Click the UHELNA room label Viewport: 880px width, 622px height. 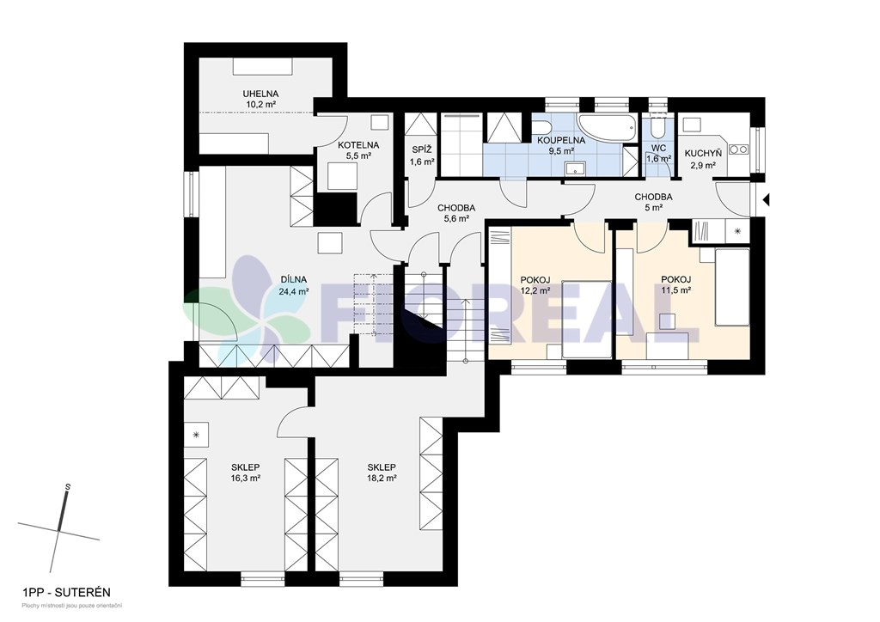(260, 95)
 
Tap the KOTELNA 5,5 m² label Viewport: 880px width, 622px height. (358, 150)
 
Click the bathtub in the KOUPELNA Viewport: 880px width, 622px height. (608, 129)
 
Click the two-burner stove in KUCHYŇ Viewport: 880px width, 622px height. (737, 149)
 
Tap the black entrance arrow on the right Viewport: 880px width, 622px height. (766, 198)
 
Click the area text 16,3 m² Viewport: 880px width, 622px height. (245, 478)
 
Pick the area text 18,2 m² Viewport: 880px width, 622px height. (382, 478)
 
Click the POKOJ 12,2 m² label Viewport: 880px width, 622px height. (535, 285)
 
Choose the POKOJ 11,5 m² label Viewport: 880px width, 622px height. (675, 285)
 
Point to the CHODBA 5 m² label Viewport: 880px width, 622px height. (653, 202)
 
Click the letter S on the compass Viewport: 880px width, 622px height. (67, 486)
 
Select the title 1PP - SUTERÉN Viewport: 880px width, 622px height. (66, 592)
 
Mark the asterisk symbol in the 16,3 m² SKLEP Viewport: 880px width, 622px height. (197, 435)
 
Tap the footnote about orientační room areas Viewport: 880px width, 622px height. (72, 606)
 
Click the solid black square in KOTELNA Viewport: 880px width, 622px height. (337, 209)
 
